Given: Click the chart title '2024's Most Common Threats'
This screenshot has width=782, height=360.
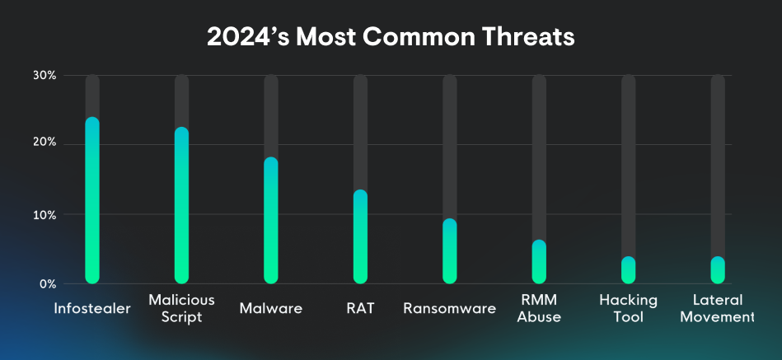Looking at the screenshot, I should click(391, 37).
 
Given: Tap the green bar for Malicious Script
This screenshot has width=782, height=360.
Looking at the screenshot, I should click(181, 206).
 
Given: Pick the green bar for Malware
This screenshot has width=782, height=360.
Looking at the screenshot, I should click(271, 221).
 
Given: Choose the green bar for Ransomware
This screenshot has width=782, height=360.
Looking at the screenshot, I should click(449, 251).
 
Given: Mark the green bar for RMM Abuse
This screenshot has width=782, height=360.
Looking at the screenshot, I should click(539, 262).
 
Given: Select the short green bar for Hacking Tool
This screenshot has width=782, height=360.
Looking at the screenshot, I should click(628, 270).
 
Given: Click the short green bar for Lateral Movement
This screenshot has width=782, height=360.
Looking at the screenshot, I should click(718, 270).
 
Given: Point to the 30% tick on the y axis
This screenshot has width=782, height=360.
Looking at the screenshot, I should click(44, 75).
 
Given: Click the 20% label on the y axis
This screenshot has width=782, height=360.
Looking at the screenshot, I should click(44, 143).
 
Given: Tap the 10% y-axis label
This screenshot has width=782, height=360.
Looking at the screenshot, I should click(44, 214).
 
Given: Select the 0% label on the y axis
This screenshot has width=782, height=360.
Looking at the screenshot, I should click(47, 283).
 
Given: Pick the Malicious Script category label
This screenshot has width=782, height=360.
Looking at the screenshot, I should click(181, 308).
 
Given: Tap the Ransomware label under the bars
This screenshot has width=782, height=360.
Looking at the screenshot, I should click(449, 309).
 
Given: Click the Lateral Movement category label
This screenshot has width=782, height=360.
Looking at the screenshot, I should click(718, 308).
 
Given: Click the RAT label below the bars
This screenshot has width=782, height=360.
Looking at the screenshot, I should click(360, 309).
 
